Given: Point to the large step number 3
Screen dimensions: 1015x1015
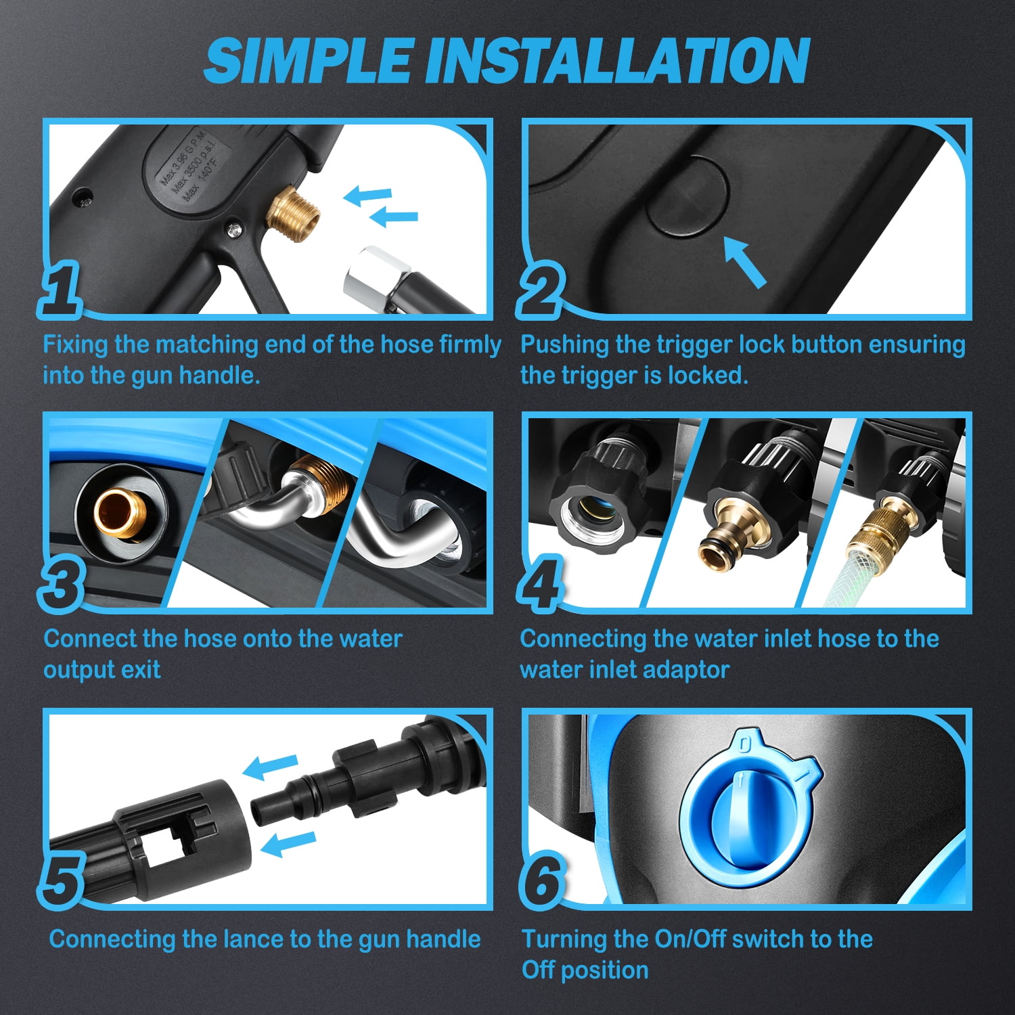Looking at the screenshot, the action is point(62,583).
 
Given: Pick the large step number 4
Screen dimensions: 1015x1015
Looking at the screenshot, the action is point(540,583).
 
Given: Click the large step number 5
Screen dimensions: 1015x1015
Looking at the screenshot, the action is point(62,879).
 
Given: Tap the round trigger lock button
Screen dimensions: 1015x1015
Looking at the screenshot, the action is point(687,196).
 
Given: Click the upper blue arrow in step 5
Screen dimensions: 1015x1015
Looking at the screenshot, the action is point(271,766).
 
